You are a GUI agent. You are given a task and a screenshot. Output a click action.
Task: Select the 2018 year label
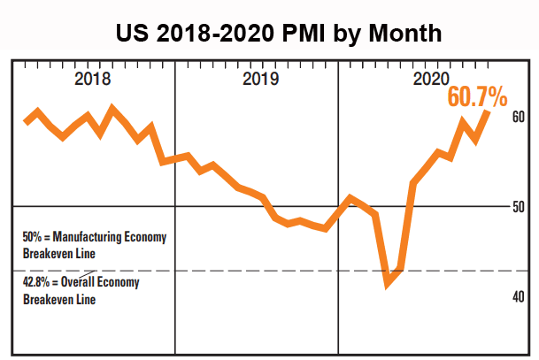[93, 79]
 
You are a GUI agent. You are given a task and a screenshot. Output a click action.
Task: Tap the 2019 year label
[258, 79]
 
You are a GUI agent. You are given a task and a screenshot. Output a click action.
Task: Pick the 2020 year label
[431, 79]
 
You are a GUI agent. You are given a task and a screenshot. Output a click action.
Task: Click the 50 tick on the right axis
[519, 207]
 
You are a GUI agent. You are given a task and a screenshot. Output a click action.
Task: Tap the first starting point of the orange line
[26, 122]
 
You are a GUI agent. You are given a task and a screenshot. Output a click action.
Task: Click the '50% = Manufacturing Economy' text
[94, 238]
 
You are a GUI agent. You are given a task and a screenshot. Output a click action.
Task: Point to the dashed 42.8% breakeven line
[266, 270]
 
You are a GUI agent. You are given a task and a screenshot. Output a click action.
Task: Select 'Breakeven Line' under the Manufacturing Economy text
[58, 253]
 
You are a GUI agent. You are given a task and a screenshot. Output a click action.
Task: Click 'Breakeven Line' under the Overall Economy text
[58, 299]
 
